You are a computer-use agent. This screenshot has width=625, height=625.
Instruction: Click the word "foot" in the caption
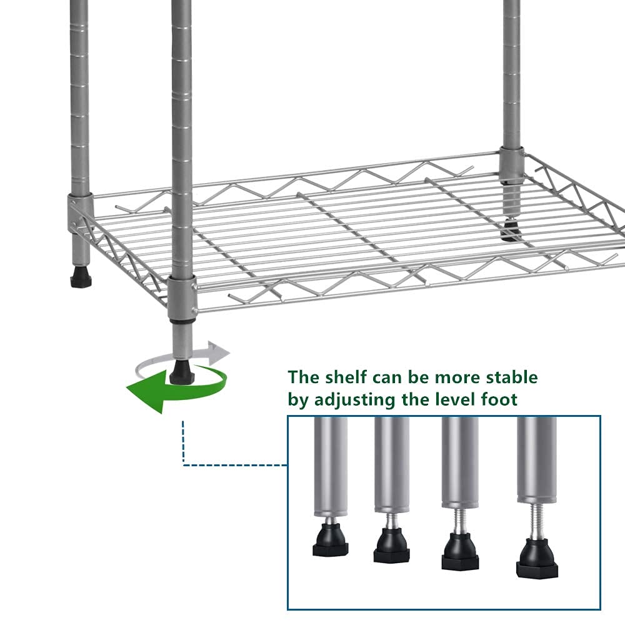pos(497,400)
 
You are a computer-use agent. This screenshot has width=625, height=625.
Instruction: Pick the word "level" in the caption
pos(449,400)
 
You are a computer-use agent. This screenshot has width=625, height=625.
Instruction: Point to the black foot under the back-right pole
pos(510,233)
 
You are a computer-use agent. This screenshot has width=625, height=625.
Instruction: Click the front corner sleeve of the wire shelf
pos(182,295)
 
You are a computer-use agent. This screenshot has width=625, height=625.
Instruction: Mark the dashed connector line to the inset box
pos(225,464)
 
